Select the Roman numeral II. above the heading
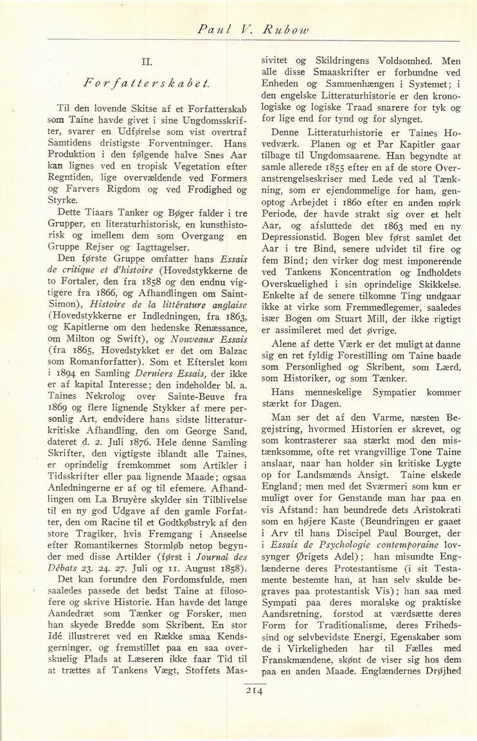tap(145, 62)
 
